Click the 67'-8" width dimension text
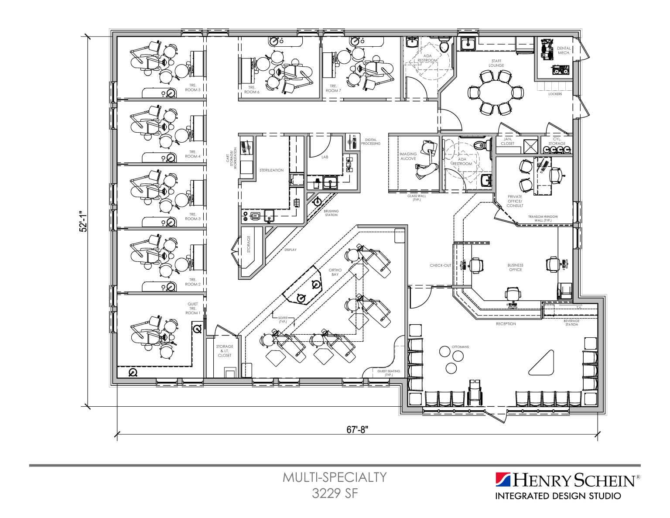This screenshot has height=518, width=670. click(357, 429)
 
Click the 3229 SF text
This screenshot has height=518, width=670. click(335, 494)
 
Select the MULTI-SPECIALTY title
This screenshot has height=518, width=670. click(335, 477)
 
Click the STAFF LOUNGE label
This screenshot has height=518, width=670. click(496, 63)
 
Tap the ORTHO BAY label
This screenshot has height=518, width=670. click(335, 272)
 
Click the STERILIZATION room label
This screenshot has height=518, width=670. click(271, 170)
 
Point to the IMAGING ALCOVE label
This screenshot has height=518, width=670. click(408, 156)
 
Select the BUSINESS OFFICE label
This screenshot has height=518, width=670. click(515, 268)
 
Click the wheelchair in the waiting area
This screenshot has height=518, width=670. click(474, 391)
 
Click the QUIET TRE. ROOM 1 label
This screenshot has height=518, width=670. click(192, 309)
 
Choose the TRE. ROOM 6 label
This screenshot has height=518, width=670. click(252, 89)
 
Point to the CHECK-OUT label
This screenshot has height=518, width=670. click(440, 265)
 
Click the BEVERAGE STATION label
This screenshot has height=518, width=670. click(571, 322)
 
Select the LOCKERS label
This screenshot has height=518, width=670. click(555, 94)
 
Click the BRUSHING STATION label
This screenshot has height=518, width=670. click(331, 213)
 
